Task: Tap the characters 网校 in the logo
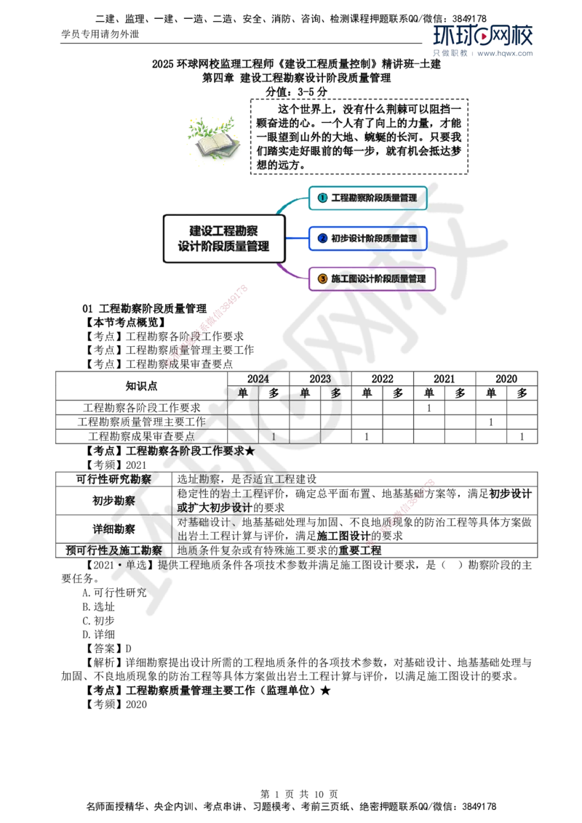[x=514, y=36]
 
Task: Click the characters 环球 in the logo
[x=453, y=36]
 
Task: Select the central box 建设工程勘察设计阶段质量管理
[x=223, y=238]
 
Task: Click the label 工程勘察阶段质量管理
[x=374, y=198]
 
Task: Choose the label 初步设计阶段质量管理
[x=374, y=238]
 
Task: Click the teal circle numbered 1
[x=322, y=198]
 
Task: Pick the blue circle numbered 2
[x=322, y=238]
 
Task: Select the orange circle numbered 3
[x=322, y=278]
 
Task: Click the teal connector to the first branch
[x=291, y=204]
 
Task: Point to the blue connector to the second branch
[x=297, y=238]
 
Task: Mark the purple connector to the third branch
[x=291, y=272]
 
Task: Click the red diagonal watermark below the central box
[x=207, y=325]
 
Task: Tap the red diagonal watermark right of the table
[x=402, y=512]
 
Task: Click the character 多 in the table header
[x=335, y=393]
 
